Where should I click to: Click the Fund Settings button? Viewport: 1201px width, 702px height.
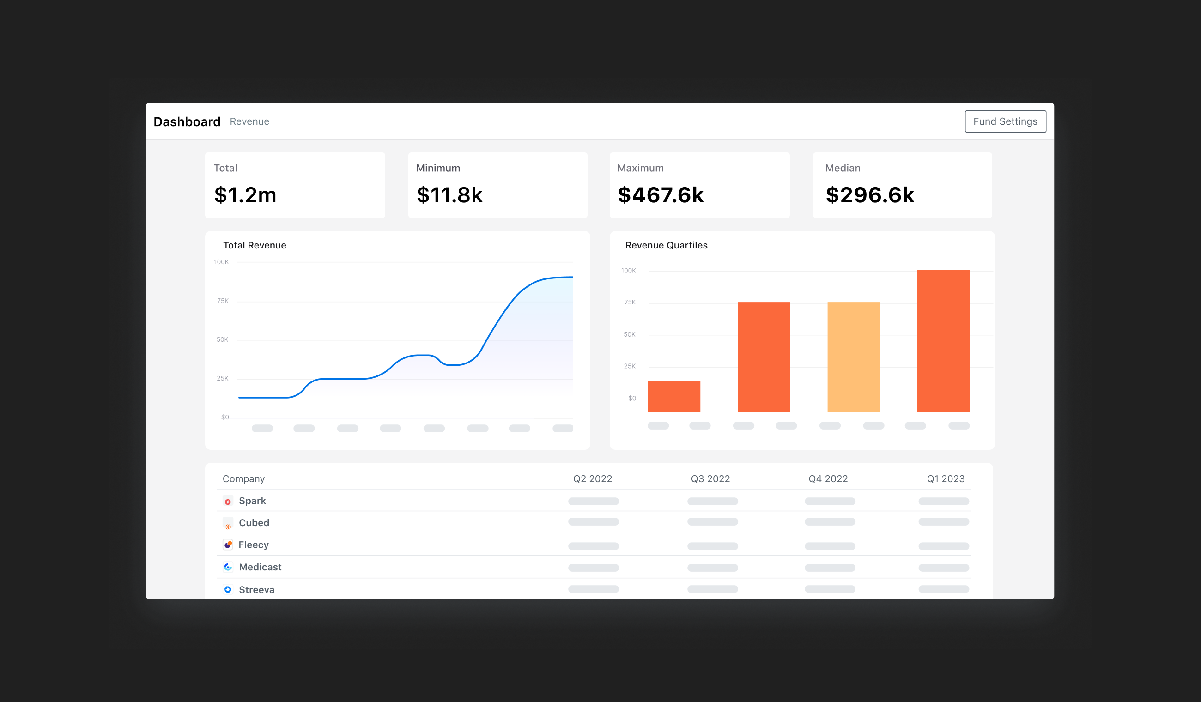pos(1005,121)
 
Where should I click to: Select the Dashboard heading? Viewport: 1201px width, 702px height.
pos(187,121)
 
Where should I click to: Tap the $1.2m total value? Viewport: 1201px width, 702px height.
pos(245,195)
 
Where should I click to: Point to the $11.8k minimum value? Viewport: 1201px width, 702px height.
pos(449,195)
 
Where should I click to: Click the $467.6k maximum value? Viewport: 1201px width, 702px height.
pos(661,195)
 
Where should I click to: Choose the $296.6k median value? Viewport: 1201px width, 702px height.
pos(870,195)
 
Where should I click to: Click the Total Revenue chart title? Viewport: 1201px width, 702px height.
pos(255,245)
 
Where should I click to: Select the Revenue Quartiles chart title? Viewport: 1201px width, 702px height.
pos(666,245)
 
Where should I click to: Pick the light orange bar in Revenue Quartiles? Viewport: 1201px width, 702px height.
pos(854,357)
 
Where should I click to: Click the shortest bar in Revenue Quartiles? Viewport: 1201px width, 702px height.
pos(674,397)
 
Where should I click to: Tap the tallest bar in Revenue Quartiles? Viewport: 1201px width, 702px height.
pos(943,341)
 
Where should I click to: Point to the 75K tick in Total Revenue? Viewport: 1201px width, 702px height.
pos(223,301)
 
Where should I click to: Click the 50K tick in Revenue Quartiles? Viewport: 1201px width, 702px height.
pos(630,334)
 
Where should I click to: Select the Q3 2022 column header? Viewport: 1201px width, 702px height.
pos(710,479)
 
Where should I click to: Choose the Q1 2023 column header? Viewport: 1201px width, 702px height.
pos(946,479)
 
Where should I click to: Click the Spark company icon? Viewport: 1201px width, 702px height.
pos(228,502)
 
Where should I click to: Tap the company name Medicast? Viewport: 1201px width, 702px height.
pos(260,567)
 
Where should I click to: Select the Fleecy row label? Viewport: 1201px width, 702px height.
pos(254,545)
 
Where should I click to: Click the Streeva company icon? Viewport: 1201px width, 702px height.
pos(228,589)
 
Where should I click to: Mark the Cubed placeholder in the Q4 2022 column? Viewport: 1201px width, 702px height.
pos(830,522)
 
